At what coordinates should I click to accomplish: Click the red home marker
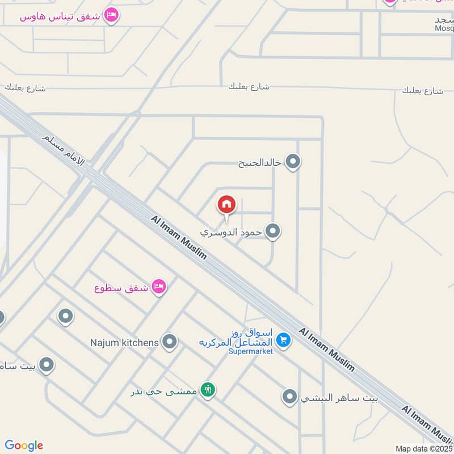tap(226, 204)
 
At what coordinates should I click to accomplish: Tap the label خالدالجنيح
tap(259, 163)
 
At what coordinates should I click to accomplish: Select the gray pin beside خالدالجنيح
tap(293, 163)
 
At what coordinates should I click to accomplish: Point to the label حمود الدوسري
tap(231, 232)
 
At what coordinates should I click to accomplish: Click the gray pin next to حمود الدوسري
tap(273, 232)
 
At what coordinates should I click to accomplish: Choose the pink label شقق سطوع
tap(121, 287)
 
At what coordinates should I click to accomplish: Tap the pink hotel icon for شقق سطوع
tap(159, 287)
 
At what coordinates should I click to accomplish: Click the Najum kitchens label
tap(124, 342)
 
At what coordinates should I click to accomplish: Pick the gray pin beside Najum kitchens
tap(169, 342)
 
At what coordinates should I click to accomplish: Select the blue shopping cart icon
tap(284, 340)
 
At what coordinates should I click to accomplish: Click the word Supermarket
tap(250, 351)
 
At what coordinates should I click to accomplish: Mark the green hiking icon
tap(208, 390)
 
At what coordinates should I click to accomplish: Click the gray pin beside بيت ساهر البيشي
tap(290, 397)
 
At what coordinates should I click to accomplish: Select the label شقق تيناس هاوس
tap(60, 16)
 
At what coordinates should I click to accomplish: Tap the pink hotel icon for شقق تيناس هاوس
tap(112, 15)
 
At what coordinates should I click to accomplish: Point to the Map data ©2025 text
tap(424, 448)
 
